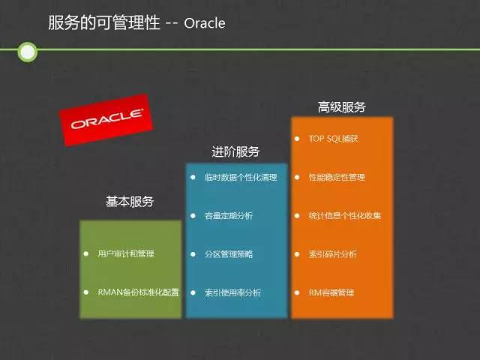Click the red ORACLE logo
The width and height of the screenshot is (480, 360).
(x=106, y=120)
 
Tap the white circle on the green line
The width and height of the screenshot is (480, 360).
(x=28, y=52)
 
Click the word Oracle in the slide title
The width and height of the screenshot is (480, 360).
(x=205, y=23)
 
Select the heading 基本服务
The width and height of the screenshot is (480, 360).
(x=130, y=202)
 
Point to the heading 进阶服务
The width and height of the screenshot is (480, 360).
(x=235, y=151)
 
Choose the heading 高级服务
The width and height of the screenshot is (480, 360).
(x=342, y=106)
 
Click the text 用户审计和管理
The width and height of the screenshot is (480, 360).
(x=126, y=253)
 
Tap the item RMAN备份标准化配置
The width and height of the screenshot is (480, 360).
(x=138, y=292)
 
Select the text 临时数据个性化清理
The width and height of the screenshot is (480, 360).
(x=241, y=177)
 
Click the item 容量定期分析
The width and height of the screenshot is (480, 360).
(x=229, y=216)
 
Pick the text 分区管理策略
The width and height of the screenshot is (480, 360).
(x=229, y=254)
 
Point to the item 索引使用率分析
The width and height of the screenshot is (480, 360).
(x=232, y=292)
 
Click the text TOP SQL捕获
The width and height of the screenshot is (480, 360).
(x=333, y=139)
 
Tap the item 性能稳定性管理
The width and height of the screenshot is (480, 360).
(x=337, y=177)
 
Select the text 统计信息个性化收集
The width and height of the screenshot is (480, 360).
(x=345, y=216)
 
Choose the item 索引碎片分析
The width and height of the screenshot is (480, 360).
(x=333, y=254)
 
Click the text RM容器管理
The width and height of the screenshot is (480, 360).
(x=331, y=292)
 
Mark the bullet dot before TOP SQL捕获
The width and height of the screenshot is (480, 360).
(x=297, y=139)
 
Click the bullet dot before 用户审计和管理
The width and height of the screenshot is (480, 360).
(x=86, y=253)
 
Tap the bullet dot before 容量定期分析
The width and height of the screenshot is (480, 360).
(x=193, y=216)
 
